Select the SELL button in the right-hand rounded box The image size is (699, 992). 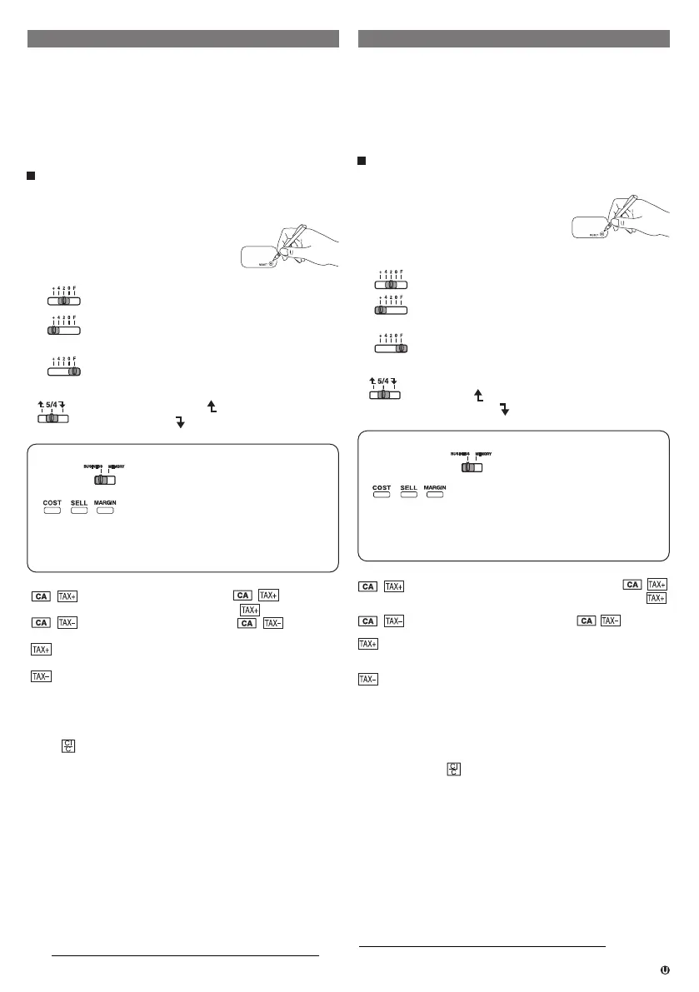tap(408, 494)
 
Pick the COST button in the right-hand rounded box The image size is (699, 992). tap(382, 494)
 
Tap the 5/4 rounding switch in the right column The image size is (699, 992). tap(384, 395)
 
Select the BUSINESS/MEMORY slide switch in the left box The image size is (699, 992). tap(103, 481)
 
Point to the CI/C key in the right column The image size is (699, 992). tap(453, 769)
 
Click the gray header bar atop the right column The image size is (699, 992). tap(513, 39)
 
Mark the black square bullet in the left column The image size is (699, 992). tap(32, 177)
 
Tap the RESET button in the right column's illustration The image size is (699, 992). tap(602, 235)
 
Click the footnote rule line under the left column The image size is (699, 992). tap(185, 956)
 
